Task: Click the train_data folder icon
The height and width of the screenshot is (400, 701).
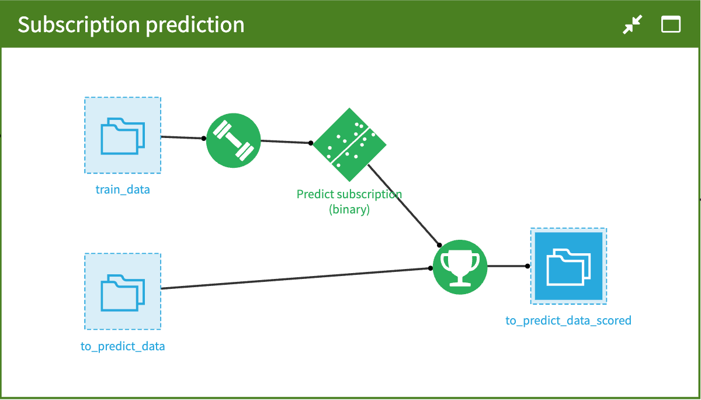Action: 123,135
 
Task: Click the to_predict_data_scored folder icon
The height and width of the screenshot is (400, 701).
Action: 568,266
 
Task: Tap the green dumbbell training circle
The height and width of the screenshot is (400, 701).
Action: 234,140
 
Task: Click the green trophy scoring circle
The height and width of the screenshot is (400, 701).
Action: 460,267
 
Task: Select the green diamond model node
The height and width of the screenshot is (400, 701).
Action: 349,144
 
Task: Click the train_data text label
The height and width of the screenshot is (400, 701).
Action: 123,190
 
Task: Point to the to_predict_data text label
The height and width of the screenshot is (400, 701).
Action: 123,346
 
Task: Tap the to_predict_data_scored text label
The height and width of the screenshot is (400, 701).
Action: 568,320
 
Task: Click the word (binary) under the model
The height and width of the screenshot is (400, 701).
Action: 349,209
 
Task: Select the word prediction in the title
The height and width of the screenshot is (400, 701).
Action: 195,25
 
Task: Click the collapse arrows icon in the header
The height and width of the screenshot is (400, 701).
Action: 633,25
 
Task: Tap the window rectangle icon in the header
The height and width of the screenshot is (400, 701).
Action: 671,25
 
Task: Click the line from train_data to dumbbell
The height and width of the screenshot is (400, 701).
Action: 182,137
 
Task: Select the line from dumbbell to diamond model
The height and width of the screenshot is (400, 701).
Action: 286,142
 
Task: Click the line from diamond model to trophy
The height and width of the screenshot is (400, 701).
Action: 404,205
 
